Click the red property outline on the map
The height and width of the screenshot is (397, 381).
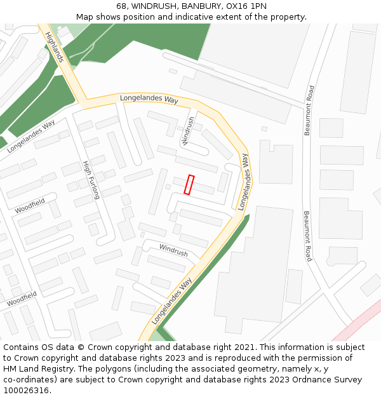coord(189,184)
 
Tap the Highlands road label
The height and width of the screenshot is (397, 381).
coord(55,47)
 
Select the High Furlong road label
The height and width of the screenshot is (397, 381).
coord(91,180)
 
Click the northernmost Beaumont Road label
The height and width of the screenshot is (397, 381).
coord(309,111)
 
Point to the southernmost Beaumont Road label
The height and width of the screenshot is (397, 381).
coord(308,236)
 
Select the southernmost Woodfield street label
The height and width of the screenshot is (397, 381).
coord(22,299)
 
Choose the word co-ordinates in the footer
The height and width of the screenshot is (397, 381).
coord(29,380)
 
